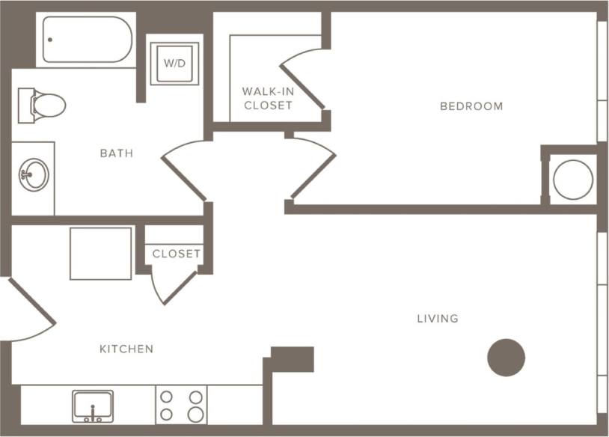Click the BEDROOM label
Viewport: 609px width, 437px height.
click(x=471, y=106)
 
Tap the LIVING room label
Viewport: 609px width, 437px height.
click(x=438, y=319)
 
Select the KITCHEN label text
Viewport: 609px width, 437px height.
click(x=126, y=349)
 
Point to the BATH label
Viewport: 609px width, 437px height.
click(x=117, y=153)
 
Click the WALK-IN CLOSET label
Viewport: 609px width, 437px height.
click(x=267, y=98)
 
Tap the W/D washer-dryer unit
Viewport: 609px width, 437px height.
click(x=174, y=64)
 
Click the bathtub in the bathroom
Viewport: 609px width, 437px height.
click(x=88, y=40)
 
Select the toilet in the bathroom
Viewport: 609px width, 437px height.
click(x=42, y=105)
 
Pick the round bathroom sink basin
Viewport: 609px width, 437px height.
click(x=34, y=176)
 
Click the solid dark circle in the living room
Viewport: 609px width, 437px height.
click(x=507, y=358)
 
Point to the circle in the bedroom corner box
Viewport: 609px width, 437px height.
click(x=573, y=180)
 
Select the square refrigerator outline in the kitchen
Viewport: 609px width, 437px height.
click(x=101, y=254)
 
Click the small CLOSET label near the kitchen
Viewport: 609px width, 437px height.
click(x=177, y=254)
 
